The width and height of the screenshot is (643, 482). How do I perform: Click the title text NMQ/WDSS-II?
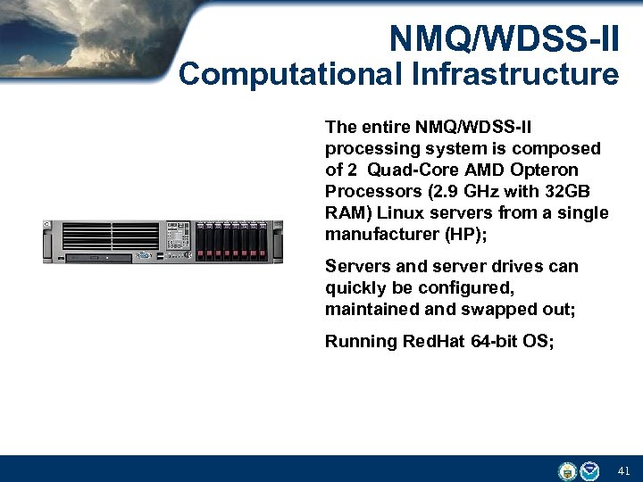coord(504,37)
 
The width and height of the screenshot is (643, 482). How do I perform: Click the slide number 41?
coord(623,470)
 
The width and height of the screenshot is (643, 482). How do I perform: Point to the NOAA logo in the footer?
coord(589,470)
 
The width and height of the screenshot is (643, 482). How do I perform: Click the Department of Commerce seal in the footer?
coord(566,470)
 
